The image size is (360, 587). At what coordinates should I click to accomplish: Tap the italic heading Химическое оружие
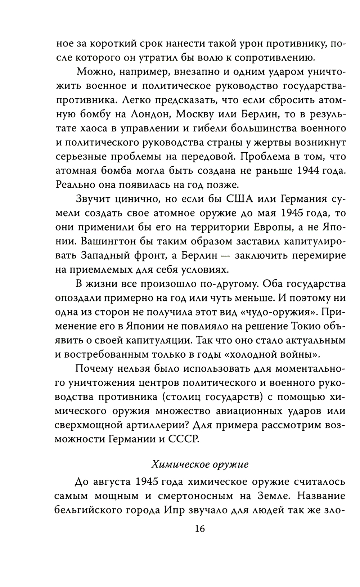coord(200,464)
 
